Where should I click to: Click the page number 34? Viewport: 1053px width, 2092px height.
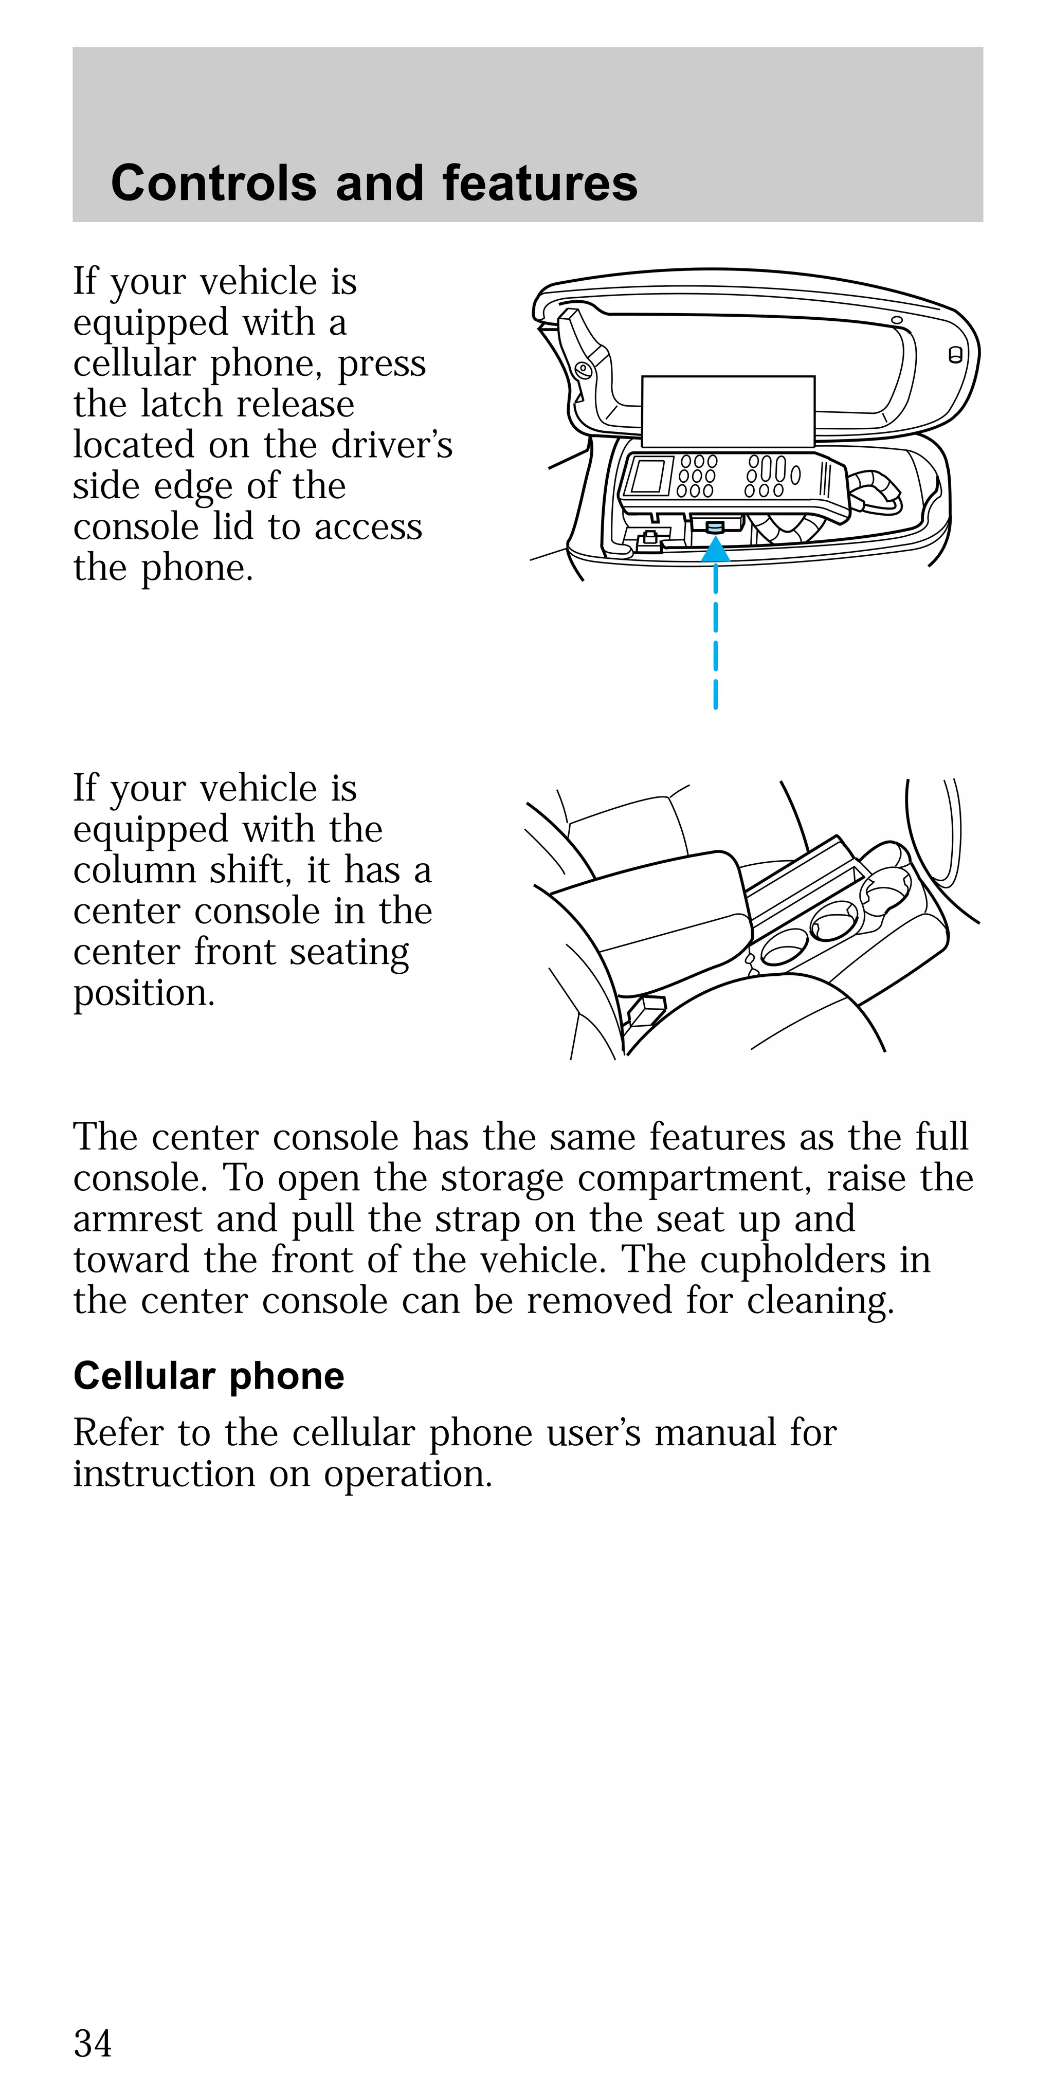(x=93, y=2043)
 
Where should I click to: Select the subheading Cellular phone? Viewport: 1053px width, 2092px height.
(x=209, y=1376)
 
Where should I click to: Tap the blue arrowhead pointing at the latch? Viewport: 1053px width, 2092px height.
(x=715, y=552)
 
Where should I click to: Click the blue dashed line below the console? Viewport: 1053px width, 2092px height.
(x=715, y=642)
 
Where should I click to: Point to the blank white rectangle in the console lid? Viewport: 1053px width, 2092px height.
(x=728, y=411)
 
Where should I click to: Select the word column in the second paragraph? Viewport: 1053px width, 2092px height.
(x=134, y=870)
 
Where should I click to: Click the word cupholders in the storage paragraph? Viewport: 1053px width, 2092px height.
(x=792, y=1260)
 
